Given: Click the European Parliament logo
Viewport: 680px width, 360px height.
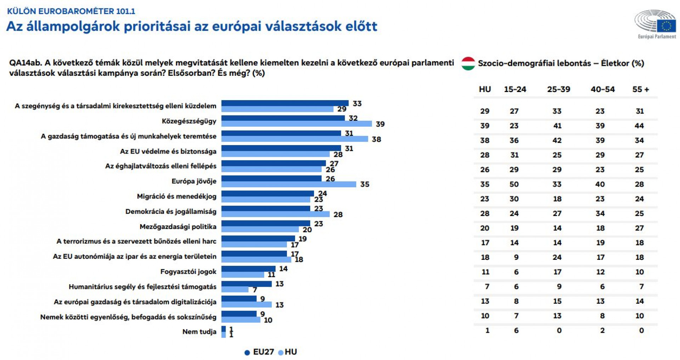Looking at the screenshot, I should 656,23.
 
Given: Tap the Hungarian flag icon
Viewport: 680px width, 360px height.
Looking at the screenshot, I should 468,63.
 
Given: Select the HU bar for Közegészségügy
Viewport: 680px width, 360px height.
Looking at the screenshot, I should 296,124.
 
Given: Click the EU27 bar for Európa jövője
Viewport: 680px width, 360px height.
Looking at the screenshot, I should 271,178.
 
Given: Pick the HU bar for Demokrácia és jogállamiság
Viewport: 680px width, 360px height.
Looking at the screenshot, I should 275,214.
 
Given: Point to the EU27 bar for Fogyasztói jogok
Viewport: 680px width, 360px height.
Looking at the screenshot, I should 248,269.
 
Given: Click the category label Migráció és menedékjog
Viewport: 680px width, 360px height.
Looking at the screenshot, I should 176,196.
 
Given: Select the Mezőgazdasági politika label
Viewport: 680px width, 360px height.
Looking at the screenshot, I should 178,227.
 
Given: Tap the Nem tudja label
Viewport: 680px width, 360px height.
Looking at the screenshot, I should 199,332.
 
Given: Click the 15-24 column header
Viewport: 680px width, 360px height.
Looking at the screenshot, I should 515,89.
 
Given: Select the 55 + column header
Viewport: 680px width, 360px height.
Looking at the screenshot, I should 640,89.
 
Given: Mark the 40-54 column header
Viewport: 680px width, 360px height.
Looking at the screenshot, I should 602,89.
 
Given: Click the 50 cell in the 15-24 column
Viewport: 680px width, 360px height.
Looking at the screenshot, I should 514,184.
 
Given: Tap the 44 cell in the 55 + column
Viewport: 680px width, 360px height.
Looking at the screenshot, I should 639,126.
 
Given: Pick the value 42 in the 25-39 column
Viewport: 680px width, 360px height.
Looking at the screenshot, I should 557,141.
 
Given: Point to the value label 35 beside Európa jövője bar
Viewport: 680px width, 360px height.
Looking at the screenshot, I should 364,184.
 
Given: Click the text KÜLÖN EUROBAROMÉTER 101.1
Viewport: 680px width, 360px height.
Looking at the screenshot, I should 71,11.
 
